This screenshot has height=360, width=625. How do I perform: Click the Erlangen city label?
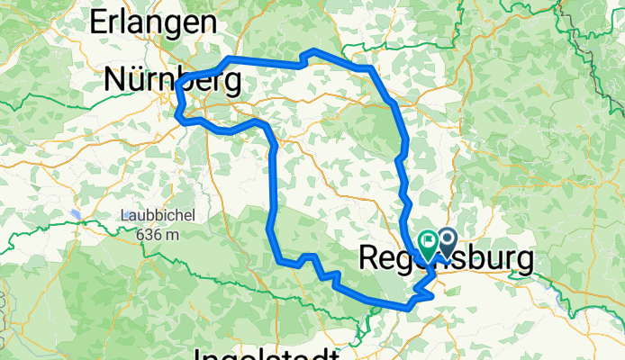(x=152, y=22)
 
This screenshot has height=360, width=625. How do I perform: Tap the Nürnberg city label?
(x=172, y=81)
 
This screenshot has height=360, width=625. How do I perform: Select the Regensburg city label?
(x=447, y=258)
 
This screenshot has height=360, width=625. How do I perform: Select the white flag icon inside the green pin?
(x=427, y=240)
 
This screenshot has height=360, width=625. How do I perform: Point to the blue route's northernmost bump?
(x=312, y=52)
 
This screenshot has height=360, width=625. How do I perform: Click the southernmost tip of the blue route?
(x=410, y=308)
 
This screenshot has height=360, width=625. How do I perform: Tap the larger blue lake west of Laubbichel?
(x=77, y=215)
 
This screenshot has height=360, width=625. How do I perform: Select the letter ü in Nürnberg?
(x=139, y=81)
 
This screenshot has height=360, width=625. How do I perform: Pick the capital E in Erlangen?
(x=97, y=22)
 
